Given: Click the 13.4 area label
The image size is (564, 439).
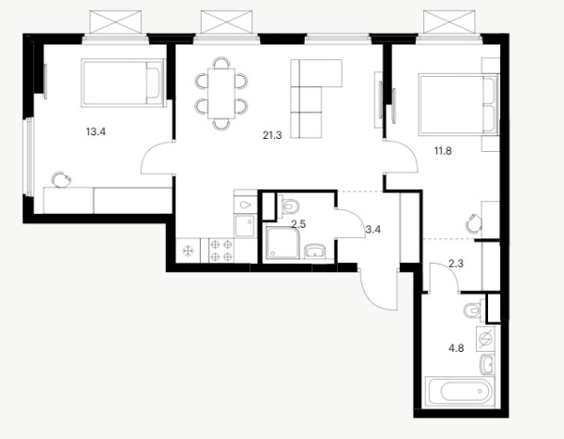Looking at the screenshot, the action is coord(96,131).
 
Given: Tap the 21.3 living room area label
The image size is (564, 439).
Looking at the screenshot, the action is coord(272,136).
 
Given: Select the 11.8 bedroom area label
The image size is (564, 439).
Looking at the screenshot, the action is coord(443,151).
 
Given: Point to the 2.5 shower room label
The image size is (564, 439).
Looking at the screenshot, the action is coord(298,224).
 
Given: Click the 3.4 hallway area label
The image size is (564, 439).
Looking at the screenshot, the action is coord(373,229).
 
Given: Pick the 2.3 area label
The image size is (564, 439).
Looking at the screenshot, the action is coord(456,264).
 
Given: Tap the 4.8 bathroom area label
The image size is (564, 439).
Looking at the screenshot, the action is coord(456,348).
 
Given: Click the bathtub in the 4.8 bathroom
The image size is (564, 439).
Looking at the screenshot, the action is coord(460,392).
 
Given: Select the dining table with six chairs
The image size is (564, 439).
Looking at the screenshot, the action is coord(221,94).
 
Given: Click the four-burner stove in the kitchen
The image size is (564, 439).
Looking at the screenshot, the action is coord(221,250).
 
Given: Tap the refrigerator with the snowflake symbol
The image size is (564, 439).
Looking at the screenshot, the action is coord(188,250).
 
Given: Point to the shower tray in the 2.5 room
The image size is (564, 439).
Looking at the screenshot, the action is coord(282,243).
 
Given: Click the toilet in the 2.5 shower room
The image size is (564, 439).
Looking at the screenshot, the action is coord(289,206).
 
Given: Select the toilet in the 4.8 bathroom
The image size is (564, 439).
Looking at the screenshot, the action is coord(474,310).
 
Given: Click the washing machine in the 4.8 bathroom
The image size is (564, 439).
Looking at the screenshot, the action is coord(485,339).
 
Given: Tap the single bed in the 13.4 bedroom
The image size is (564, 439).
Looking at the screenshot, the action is coord(123,83).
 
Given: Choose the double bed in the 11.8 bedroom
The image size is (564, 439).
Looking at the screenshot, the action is coord(458,105).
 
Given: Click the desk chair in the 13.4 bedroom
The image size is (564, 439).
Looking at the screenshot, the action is coord(61,179).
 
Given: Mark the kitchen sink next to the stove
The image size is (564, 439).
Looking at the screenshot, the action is coord(245,225).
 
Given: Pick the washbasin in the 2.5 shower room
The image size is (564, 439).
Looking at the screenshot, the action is coord(315,251).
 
